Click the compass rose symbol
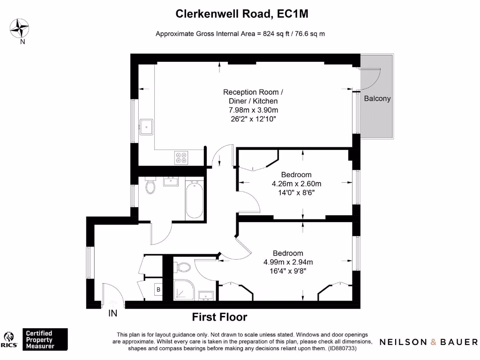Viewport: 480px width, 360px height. (20, 29)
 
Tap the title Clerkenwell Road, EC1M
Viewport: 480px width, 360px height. (241, 14)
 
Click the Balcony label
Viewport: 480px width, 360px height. (377, 98)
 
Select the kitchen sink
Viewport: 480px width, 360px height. (146, 127)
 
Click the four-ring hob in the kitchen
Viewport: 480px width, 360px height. (181, 157)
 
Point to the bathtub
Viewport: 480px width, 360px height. (195, 200)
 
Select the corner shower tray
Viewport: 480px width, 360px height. (184, 290)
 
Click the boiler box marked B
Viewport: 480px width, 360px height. (158, 290)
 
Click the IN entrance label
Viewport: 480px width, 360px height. (112, 314)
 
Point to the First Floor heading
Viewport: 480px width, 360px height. (219, 317)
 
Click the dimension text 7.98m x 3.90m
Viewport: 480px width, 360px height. (254, 110)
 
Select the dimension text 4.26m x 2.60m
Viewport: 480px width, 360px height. (296, 184)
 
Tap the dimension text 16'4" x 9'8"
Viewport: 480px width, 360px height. (288, 271)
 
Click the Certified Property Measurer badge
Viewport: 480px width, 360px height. (45, 339)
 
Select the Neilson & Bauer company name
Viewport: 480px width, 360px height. (428, 342)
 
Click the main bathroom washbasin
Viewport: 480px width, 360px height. (171, 181)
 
